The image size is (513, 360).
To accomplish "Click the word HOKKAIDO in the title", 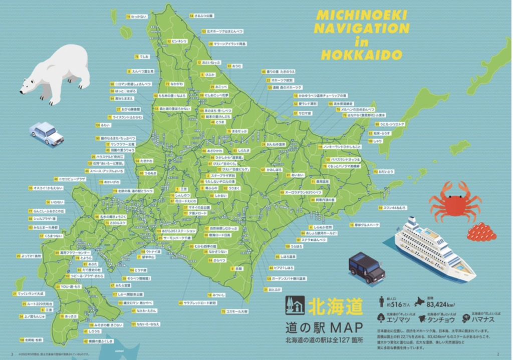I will pyautogui.click(x=362, y=54).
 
